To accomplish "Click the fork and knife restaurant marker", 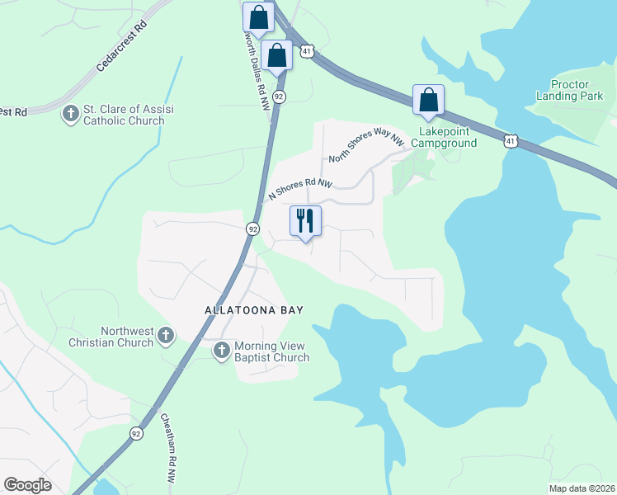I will tap(305, 220).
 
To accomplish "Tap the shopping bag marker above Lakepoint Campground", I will tap(428, 101).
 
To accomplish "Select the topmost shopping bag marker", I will tap(258, 16).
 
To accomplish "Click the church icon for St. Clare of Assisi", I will tap(72, 113).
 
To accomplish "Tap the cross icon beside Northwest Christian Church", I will tap(166, 335).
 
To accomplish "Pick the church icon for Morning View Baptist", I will tap(221, 351).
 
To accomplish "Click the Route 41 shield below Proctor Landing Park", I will tap(511, 142).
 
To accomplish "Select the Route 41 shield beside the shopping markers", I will tap(306, 51).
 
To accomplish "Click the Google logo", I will tap(27, 485).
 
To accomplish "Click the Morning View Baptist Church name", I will tap(271, 351).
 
